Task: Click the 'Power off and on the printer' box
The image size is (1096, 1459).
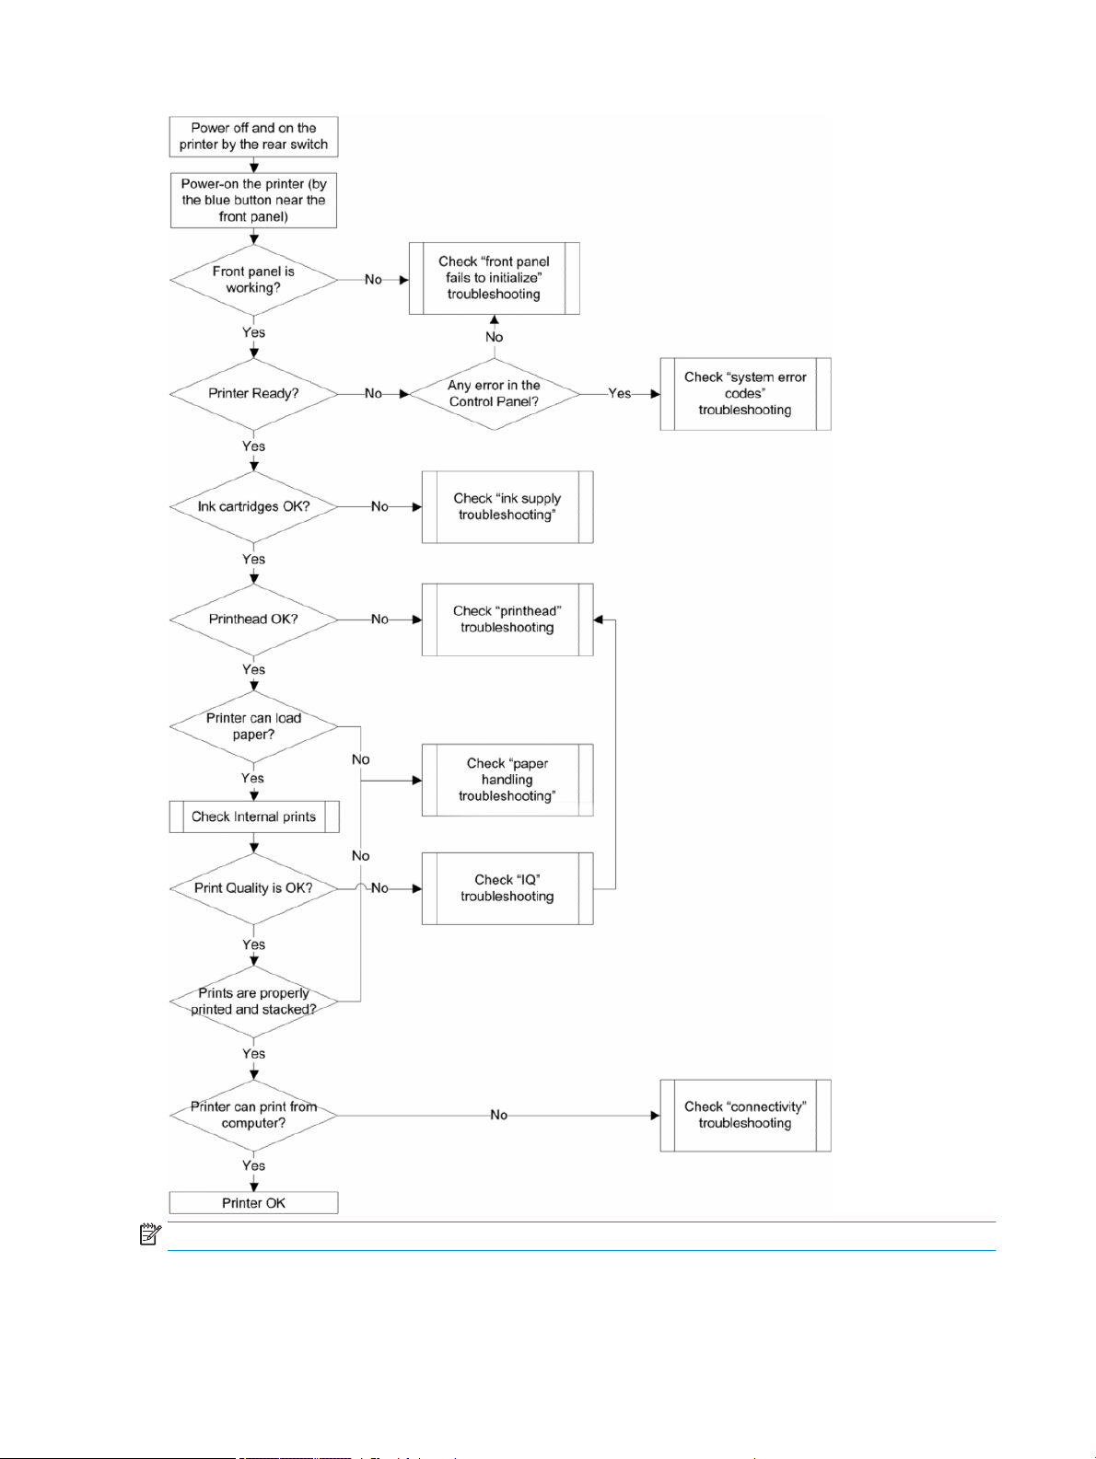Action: (x=253, y=136)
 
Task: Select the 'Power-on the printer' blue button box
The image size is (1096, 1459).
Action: (x=253, y=200)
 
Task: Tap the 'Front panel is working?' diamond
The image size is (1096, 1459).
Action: (x=253, y=280)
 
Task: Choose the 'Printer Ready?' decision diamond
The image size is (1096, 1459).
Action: (x=253, y=393)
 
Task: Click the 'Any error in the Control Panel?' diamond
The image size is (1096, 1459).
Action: (x=495, y=393)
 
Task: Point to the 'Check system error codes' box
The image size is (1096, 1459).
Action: (x=745, y=393)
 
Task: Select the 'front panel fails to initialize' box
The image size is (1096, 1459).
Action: (x=495, y=278)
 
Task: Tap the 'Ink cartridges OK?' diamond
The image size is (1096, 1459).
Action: (x=253, y=506)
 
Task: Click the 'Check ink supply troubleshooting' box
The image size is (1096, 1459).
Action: (x=507, y=506)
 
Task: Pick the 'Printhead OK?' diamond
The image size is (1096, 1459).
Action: (x=253, y=619)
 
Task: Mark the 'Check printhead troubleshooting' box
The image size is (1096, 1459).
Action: (x=507, y=619)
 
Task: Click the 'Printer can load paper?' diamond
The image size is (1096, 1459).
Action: (x=253, y=726)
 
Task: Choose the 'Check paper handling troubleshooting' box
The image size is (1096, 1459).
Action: (x=507, y=780)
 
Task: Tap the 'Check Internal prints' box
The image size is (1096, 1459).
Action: (x=254, y=816)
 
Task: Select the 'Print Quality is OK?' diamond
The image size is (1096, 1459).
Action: (x=253, y=888)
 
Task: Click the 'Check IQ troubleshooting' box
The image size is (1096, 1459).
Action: (x=507, y=888)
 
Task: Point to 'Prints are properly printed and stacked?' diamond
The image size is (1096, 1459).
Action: (x=253, y=1001)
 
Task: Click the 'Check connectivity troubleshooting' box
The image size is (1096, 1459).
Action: (x=745, y=1116)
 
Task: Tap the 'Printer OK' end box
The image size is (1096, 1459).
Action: (x=253, y=1202)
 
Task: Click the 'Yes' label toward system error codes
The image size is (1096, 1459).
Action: (x=619, y=393)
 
